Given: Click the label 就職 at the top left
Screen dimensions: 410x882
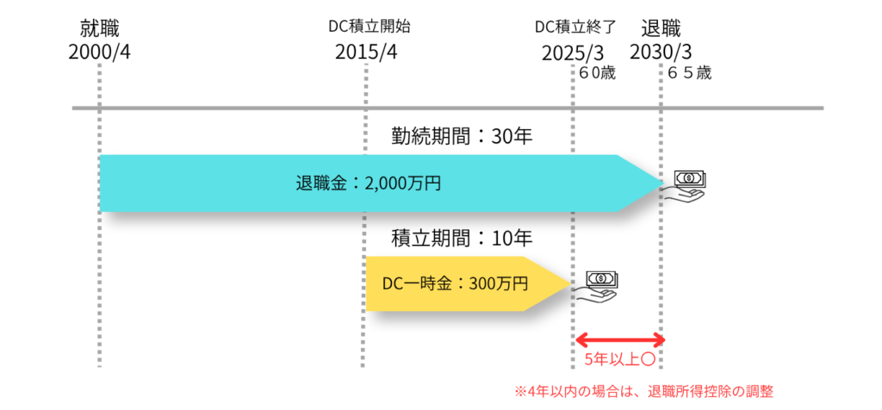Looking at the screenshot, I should click(x=99, y=30).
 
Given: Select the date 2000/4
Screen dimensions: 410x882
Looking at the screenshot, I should click(x=99, y=53).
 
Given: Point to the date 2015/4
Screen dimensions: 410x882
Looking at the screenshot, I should click(x=367, y=53).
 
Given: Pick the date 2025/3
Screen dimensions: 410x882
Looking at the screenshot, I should click(x=575, y=53).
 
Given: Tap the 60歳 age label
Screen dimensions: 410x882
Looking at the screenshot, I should click(x=596, y=74).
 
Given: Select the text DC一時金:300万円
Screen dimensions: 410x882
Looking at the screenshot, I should click(x=455, y=283).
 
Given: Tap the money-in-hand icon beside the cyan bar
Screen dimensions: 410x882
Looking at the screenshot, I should click(x=686, y=183).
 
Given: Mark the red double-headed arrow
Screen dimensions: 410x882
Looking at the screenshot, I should click(x=618, y=338).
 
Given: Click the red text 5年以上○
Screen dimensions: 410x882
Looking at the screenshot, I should click(x=620, y=359).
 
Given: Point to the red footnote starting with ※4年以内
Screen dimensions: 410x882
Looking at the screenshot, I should click(x=644, y=391).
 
